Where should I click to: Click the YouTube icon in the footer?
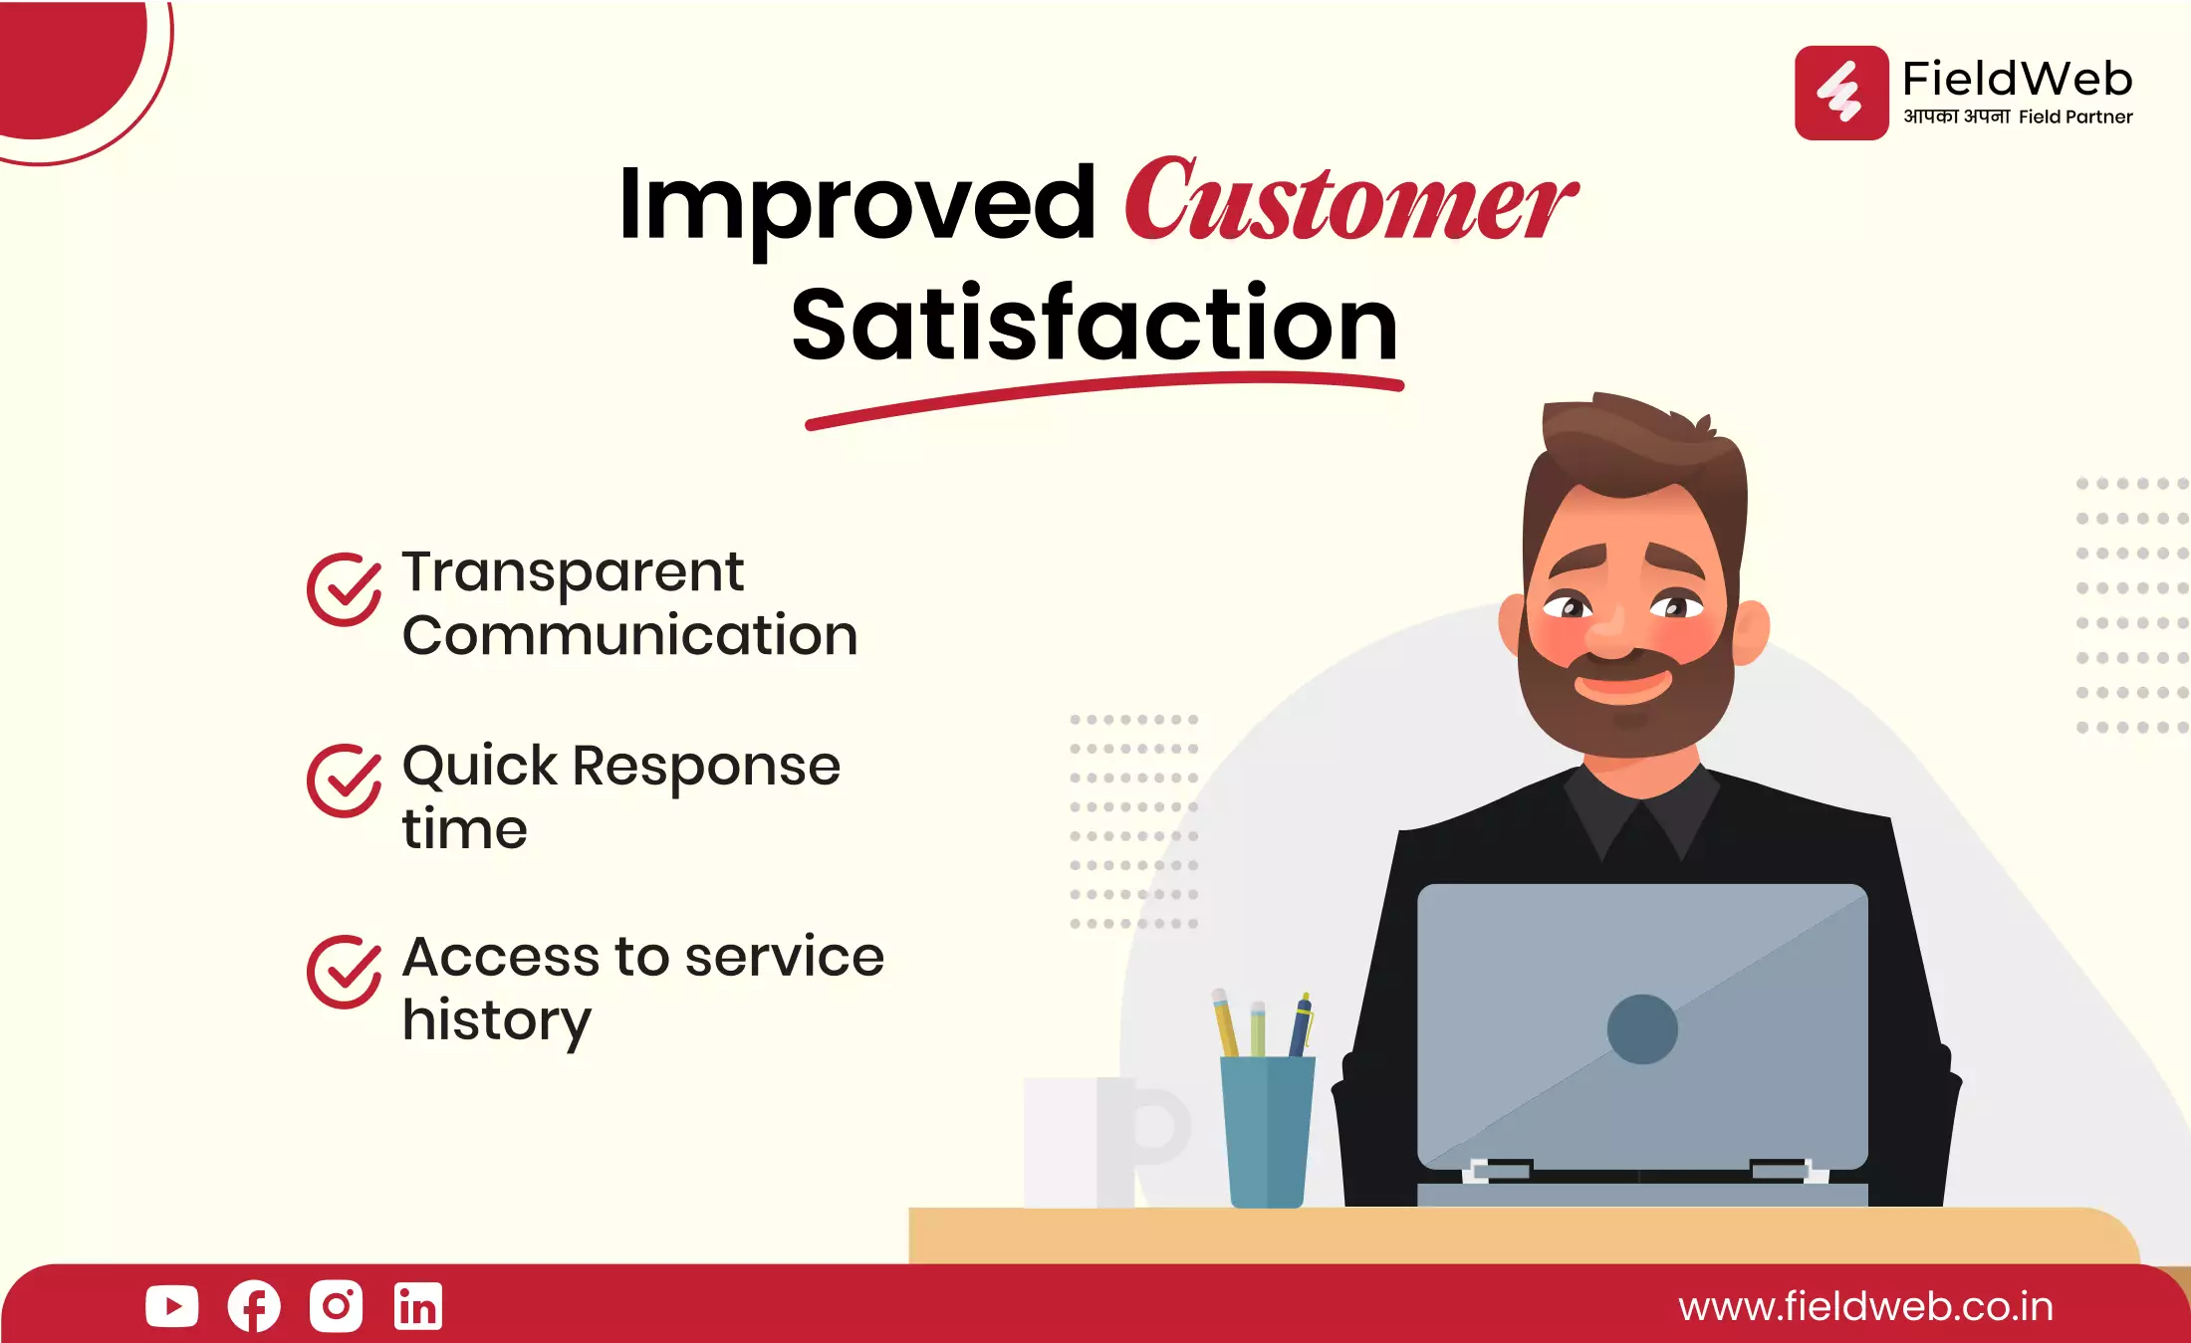pyautogui.click(x=171, y=1306)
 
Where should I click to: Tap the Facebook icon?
pyautogui.click(x=254, y=1306)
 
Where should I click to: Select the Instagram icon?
pyautogui.click(x=336, y=1306)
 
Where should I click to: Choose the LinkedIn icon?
pyautogui.click(x=417, y=1306)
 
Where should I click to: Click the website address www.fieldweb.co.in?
pyautogui.click(x=1865, y=1307)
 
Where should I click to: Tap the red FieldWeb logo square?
pyautogui.click(x=1841, y=93)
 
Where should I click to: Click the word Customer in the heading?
pyautogui.click(x=1350, y=201)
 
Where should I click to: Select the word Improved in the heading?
pyautogui.click(x=856, y=204)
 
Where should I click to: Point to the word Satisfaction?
pyautogui.click(x=1095, y=324)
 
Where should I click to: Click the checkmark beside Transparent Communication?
pyautogui.click(x=344, y=589)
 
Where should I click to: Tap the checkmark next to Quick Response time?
pyautogui.click(x=344, y=781)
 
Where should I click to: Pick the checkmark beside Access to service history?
pyautogui.click(x=344, y=972)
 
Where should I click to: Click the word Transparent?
pyautogui.click(x=573, y=573)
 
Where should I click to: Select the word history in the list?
pyautogui.click(x=496, y=1021)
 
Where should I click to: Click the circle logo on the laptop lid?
pyautogui.click(x=1642, y=1029)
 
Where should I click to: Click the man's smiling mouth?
pyautogui.click(x=1622, y=684)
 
